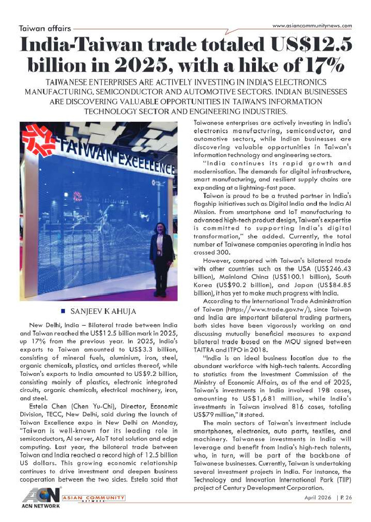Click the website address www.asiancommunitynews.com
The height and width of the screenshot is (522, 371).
click(312, 25)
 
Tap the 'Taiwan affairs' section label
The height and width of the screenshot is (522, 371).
click(42, 28)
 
